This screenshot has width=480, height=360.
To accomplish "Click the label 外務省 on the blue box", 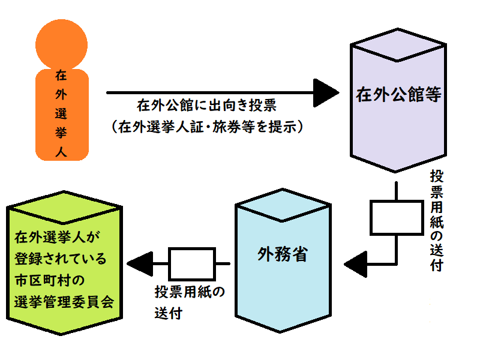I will [283, 254].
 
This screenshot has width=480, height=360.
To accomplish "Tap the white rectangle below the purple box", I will [395, 217].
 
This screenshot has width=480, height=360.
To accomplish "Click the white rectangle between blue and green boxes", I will [191, 263].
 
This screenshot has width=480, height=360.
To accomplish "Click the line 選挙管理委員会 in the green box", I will [63, 301].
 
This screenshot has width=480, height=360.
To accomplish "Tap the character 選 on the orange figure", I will [61, 113].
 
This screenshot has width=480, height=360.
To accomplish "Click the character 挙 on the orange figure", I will [61, 131].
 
